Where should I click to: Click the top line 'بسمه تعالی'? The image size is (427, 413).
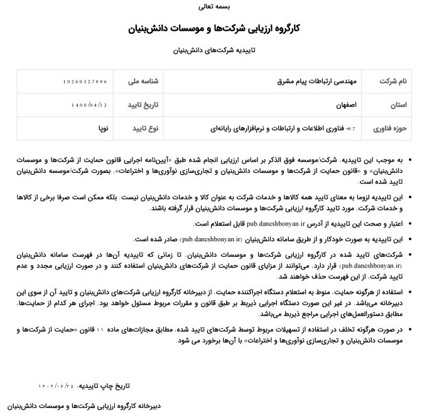coord(213,8)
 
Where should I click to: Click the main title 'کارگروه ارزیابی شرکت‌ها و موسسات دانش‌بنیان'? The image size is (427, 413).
coord(213,28)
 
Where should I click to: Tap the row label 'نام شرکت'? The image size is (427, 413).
coord(394,82)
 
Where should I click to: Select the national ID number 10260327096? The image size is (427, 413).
coord(85,82)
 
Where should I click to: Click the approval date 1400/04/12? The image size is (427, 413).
coord(90,105)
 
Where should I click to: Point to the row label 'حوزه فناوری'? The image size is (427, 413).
coord(391,128)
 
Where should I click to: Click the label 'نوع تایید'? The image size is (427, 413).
coord(145,128)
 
